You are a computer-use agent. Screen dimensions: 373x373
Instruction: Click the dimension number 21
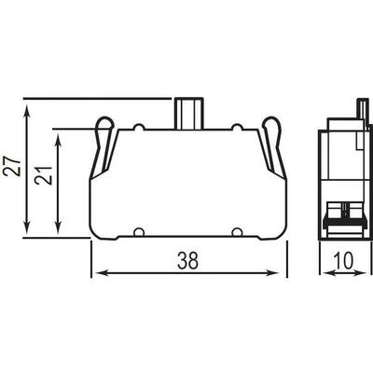coord(44,175)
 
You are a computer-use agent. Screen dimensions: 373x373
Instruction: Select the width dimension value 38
coord(187,260)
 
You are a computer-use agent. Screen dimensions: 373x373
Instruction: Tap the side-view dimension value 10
coord(344,260)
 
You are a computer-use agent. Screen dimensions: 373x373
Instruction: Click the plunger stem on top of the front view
coord(188,114)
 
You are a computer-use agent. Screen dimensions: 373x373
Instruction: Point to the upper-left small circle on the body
coord(139,128)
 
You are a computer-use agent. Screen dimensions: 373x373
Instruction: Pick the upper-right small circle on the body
coord(237,128)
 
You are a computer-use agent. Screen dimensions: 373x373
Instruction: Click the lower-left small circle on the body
coord(139,232)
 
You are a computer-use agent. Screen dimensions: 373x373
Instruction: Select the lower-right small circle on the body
coord(237,232)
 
